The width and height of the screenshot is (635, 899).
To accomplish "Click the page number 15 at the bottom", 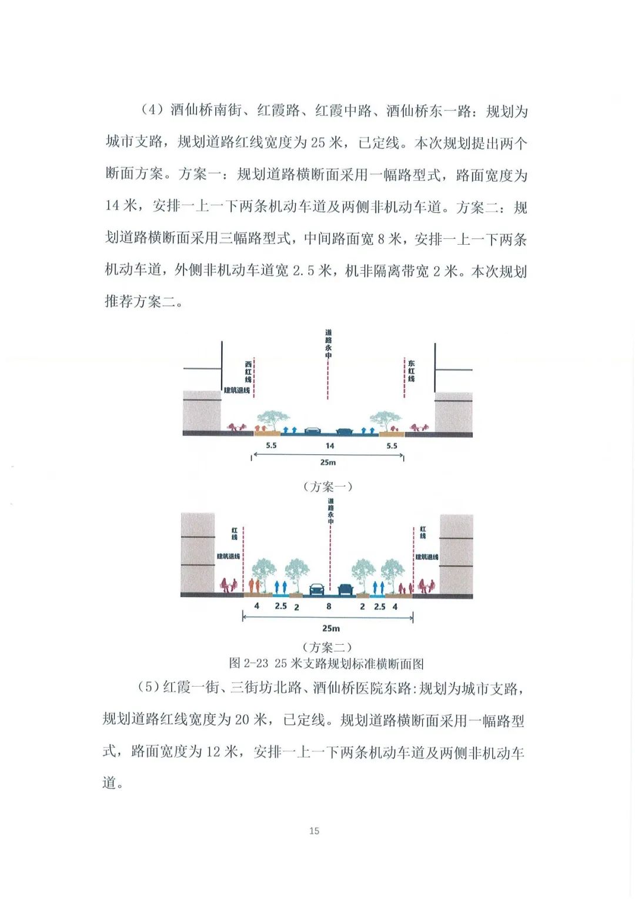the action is [x=314, y=831].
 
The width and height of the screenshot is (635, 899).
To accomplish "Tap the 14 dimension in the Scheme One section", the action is [x=330, y=445].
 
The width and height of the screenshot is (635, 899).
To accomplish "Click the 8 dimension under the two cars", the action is [x=329, y=606].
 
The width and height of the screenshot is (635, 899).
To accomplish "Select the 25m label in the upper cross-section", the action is [x=328, y=462].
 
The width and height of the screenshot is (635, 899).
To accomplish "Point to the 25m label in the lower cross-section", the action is [x=330, y=628].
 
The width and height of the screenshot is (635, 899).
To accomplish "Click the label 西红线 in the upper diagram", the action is [x=248, y=372].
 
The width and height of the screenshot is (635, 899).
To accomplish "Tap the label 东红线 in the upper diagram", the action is [x=411, y=371].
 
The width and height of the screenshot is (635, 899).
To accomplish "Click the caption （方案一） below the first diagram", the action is [x=327, y=487].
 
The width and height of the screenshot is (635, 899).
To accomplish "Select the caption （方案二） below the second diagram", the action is [x=327, y=647].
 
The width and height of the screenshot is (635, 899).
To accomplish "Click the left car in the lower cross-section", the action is [x=316, y=589].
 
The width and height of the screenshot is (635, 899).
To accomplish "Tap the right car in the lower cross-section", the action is [x=345, y=589].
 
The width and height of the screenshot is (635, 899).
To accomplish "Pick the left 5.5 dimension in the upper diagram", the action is [x=271, y=445].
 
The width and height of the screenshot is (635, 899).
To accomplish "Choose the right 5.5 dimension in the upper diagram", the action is [x=392, y=445].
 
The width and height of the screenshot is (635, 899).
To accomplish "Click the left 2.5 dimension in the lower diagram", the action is [x=281, y=606].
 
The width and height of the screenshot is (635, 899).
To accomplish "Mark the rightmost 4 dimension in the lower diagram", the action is [x=395, y=606].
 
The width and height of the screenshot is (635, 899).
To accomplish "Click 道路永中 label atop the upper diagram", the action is [x=328, y=344].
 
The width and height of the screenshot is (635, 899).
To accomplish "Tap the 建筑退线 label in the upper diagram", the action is [x=236, y=390].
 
